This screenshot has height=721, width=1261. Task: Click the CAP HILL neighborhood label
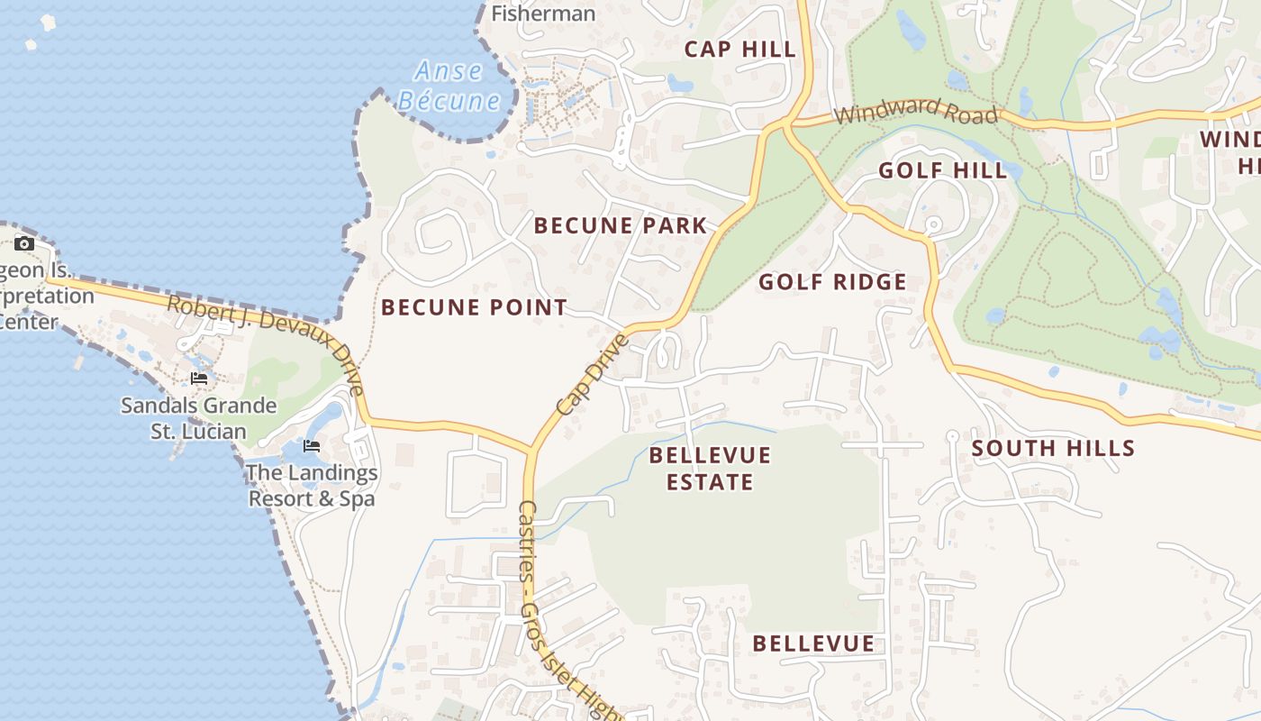pyautogui.click(x=740, y=50)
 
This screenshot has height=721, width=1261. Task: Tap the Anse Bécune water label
pyautogui.click(x=449, y=86)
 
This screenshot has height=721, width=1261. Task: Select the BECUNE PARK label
pyautogui.click(x=621, y=225)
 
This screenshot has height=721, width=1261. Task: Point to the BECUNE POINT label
pyautogui.click(x=474, y=307)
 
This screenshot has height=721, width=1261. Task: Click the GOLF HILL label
pyautogui.click(x=942, y=170)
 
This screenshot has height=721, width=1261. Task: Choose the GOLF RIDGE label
pyautogui.click(x=832, y=282)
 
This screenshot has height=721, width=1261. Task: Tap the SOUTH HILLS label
pyautogui.click(x=1053, y=448)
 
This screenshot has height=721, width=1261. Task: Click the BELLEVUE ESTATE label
pyautogui.click(x=710, y=468)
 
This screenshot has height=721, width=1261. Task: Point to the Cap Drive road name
pyautogui.click(x=592, y=374)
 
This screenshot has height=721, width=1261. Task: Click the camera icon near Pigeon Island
pyautogui.click(x=24, y=243)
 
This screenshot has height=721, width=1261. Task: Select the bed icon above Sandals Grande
pyautogui.click(x=199, y=379)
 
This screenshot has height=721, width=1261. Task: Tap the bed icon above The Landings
pyautogui.click(x=311, y=445)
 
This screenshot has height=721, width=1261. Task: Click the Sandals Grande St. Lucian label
pyautogui.click(x=199, y=418)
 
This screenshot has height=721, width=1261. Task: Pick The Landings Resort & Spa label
pyautogui.click(x=312, y=485)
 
